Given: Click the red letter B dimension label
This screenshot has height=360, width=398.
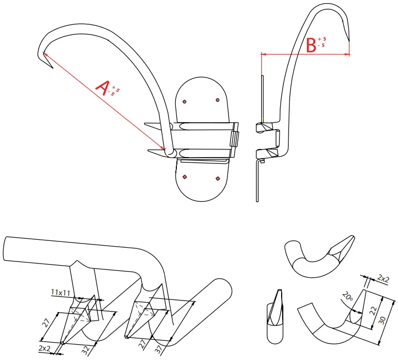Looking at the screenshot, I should [x=311, y=45].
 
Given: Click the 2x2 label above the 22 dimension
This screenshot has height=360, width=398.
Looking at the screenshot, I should [x=384, y=279].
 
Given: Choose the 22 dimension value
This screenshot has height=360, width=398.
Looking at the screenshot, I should [x=372, y=311].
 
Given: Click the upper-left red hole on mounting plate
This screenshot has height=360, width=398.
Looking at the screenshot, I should [x=184, y=101].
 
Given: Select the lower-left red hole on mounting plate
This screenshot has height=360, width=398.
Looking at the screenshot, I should [x=184, y=177].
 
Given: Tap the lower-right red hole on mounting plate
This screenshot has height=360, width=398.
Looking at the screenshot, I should [x=217, y=178].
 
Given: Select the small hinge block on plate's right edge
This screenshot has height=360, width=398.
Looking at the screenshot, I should [x=235, y=140].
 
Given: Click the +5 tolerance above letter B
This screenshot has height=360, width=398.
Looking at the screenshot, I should [x=322, y=39].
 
